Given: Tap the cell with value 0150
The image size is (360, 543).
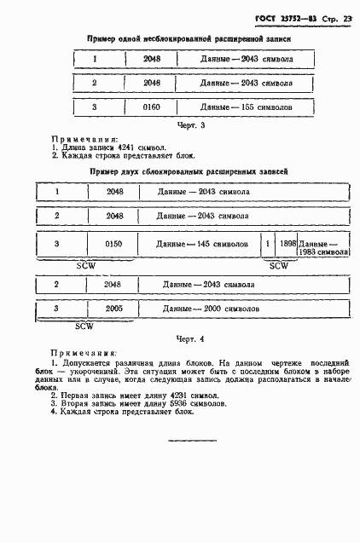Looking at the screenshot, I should [x=114, y=244].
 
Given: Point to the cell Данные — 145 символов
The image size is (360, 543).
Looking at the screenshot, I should [x=203, y=244].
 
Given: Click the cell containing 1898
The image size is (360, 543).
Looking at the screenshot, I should [x=287, y=244].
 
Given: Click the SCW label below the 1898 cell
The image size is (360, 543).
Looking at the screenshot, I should [x=280, y=266].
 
